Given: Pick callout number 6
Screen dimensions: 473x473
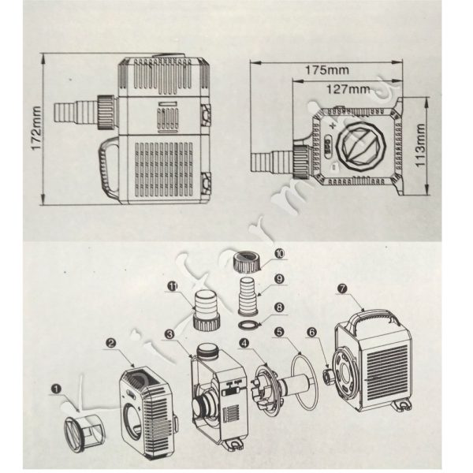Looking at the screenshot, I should pos(313,334).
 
